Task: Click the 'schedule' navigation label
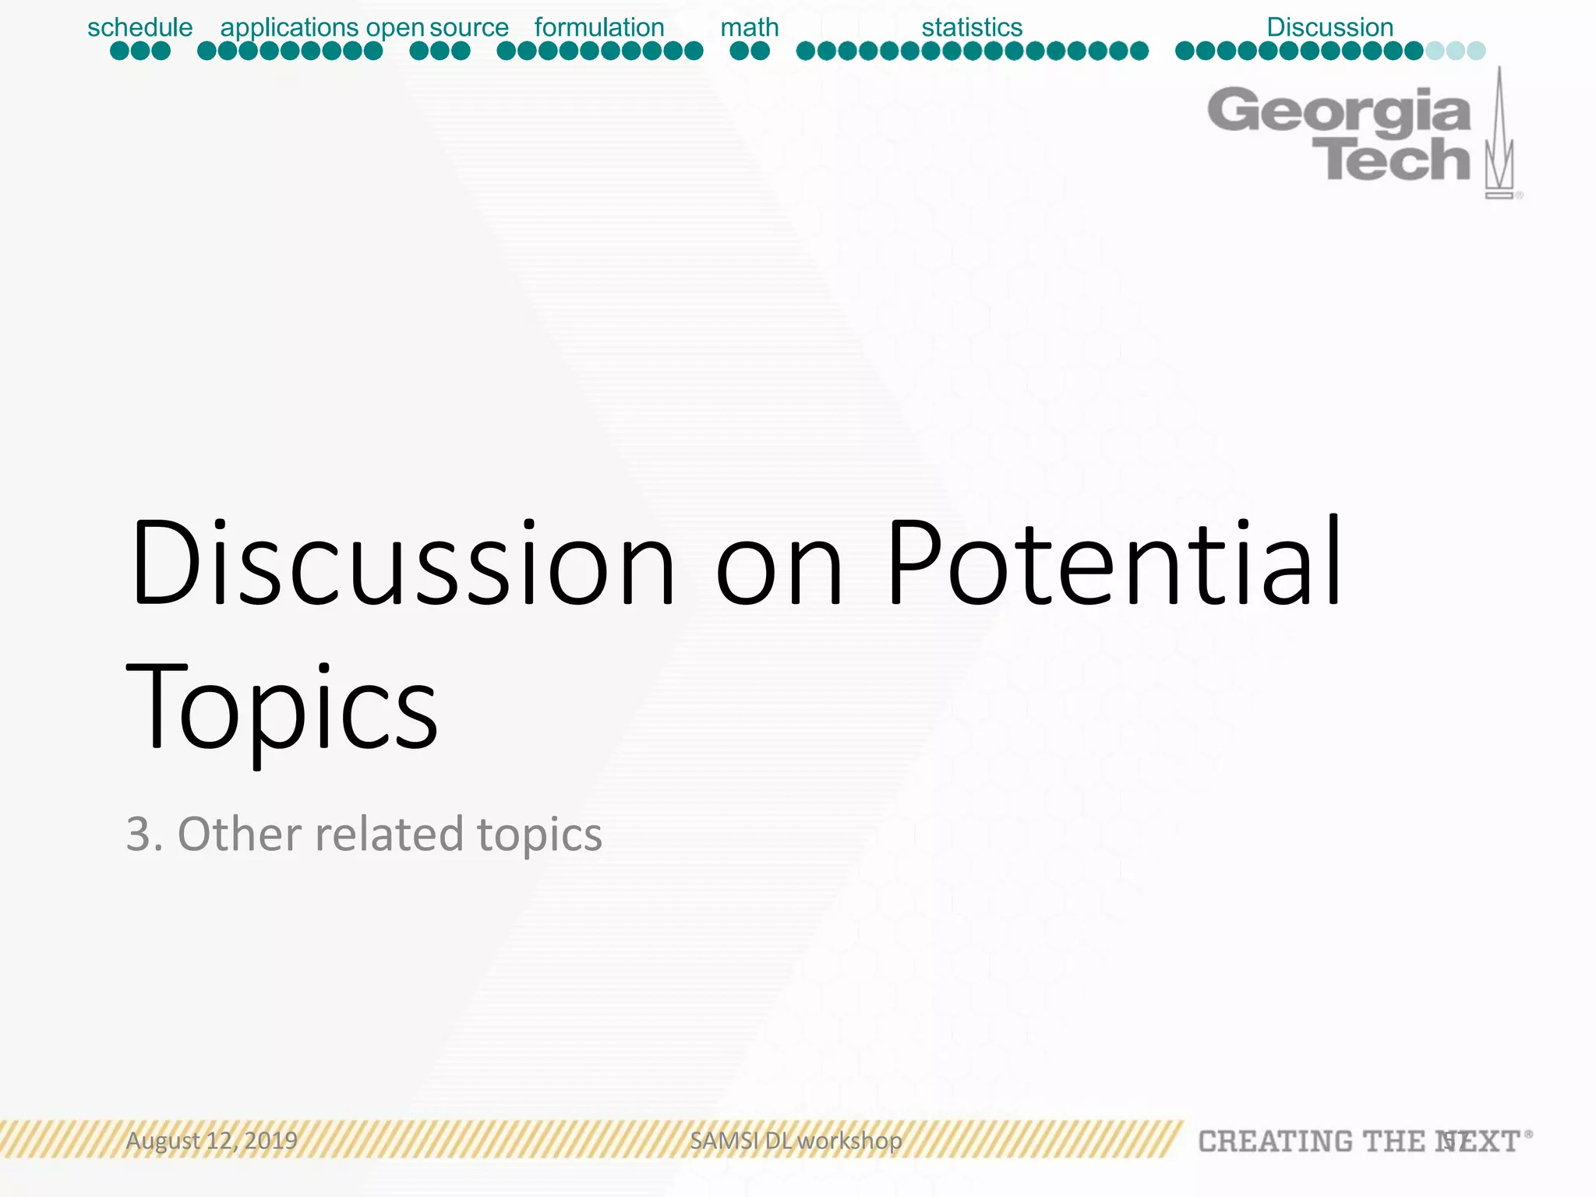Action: click(x=139, y=27)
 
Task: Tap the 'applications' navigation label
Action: click(x=289, y=27)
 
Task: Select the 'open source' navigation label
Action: click(x=437, y=27)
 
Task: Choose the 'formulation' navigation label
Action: click(x=599, y=27)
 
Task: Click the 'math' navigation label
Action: click(x=749, y=27)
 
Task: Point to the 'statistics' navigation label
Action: click(x=972, y=27)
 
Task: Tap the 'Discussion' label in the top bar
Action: click(x=1329, y=27)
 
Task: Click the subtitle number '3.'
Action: click(x=145, y=834)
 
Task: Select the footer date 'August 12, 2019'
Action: click(x=212, y=1141)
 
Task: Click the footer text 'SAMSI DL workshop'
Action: click(x=796, y=1141)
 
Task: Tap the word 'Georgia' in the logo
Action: click(x=1339, y=111)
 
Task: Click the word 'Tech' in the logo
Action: click(x=1391, y=161)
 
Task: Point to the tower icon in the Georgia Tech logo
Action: click(x=1499, y=136)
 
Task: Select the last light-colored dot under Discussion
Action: click(x=1476, y=51)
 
